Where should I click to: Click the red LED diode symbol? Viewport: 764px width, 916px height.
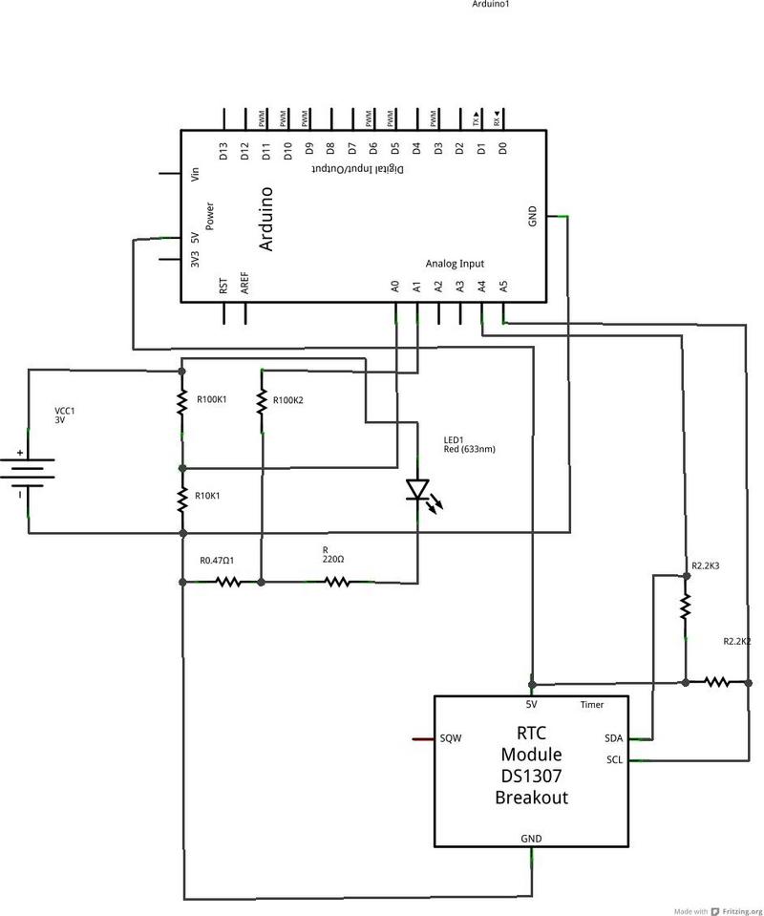(x=417, y=489)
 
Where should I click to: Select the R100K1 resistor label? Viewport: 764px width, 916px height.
(x=212, y=399)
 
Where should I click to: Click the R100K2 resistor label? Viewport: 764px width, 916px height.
(x=287, y=399)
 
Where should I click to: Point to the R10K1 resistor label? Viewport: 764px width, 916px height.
(x=210, y=497)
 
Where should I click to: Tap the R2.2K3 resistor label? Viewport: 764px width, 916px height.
(x=706, y=566)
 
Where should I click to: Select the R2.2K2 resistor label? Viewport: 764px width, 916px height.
(x=736, y=641)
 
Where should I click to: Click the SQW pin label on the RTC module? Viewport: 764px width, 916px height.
(x=451, y=738)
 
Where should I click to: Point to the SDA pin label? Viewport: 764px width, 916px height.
(x=614, y=738)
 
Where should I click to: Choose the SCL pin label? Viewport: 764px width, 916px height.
(x=614, y=759)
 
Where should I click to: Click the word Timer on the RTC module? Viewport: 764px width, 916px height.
(x=592, y=706)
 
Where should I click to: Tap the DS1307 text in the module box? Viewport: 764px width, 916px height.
(x=531, y=776)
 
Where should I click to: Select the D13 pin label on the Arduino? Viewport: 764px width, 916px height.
(x=223, y=151)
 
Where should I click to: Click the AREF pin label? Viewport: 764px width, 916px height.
(x=245, y=284)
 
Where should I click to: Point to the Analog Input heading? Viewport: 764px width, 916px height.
(x=455, y=264)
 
